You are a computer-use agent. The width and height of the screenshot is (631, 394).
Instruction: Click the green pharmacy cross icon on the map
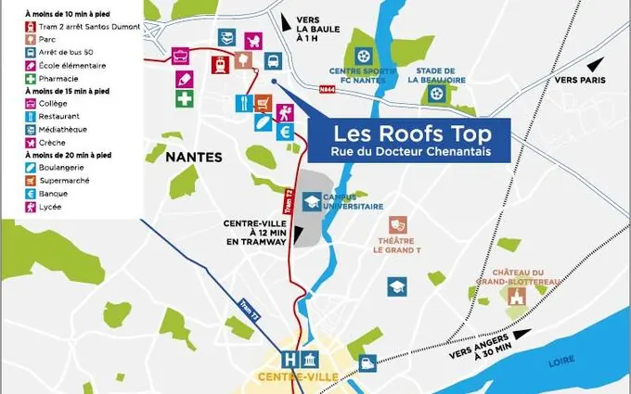point(185,98)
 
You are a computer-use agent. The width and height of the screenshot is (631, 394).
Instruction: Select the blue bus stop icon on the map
point(272,62)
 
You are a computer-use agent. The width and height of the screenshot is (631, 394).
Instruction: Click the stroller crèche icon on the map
point(252,40)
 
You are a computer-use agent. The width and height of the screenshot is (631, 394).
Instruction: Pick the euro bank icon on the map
point(285,133)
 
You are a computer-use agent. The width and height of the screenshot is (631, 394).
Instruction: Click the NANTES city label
point(194,158)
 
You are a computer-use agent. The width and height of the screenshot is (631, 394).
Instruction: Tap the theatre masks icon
point(397,224)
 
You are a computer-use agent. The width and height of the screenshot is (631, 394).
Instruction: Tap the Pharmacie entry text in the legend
point(61,78)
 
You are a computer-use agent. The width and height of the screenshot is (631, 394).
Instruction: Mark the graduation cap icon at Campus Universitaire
point(314,201)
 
